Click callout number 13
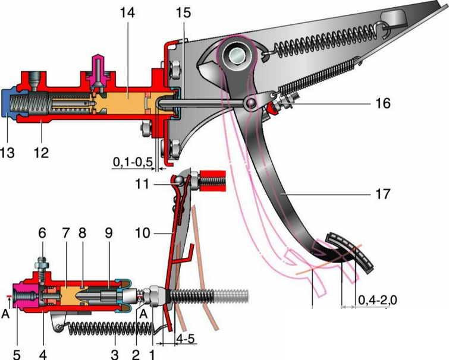tap(8, 153)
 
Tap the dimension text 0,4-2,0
tap(377, 301)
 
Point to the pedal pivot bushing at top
tap(235, 55)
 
